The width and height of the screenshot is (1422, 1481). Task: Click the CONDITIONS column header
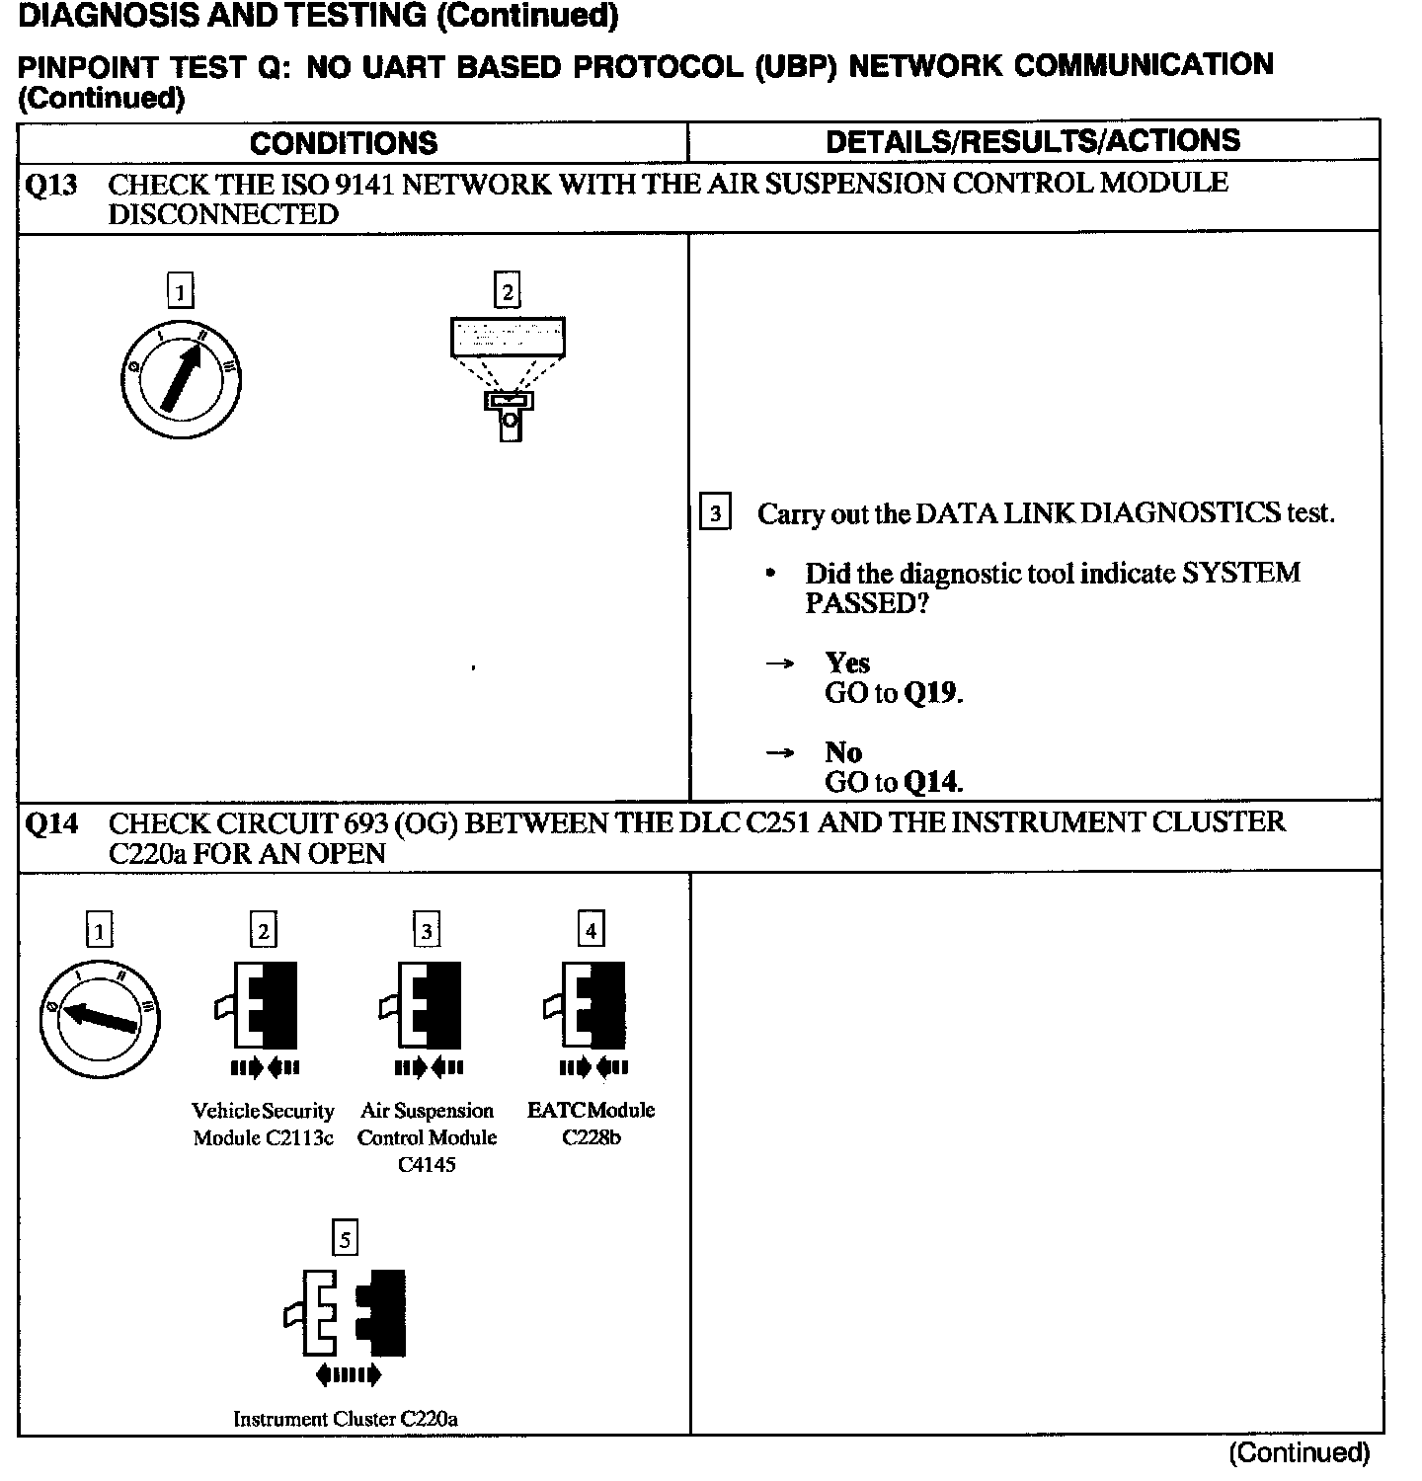coord(344,143)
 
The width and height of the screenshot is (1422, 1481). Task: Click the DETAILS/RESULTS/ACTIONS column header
coord(1033,141)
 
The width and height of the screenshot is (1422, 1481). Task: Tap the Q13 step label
coord(50,186)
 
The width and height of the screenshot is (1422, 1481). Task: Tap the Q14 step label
coord(50,824)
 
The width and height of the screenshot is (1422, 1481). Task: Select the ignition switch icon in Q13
coord(181,380)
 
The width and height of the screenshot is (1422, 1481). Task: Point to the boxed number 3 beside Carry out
coord(715,513)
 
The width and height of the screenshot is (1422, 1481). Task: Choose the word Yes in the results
coord(847,663)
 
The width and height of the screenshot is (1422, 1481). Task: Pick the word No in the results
coord(843,752)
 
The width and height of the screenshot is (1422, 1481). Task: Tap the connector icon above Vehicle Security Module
coord(262,1006)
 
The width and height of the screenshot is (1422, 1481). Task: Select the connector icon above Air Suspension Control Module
coord(426,1006)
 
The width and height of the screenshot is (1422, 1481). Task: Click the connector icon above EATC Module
coord(591,1006)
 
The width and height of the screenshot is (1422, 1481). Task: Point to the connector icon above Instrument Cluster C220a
coord(346,1313)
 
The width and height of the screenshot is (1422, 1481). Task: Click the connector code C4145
coord(427,1165)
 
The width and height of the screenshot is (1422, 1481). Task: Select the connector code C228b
coord(592,1137)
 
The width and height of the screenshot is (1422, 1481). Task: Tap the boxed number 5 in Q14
coord(345,1239)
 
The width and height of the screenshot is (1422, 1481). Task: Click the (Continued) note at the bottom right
coord(1299,1452)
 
